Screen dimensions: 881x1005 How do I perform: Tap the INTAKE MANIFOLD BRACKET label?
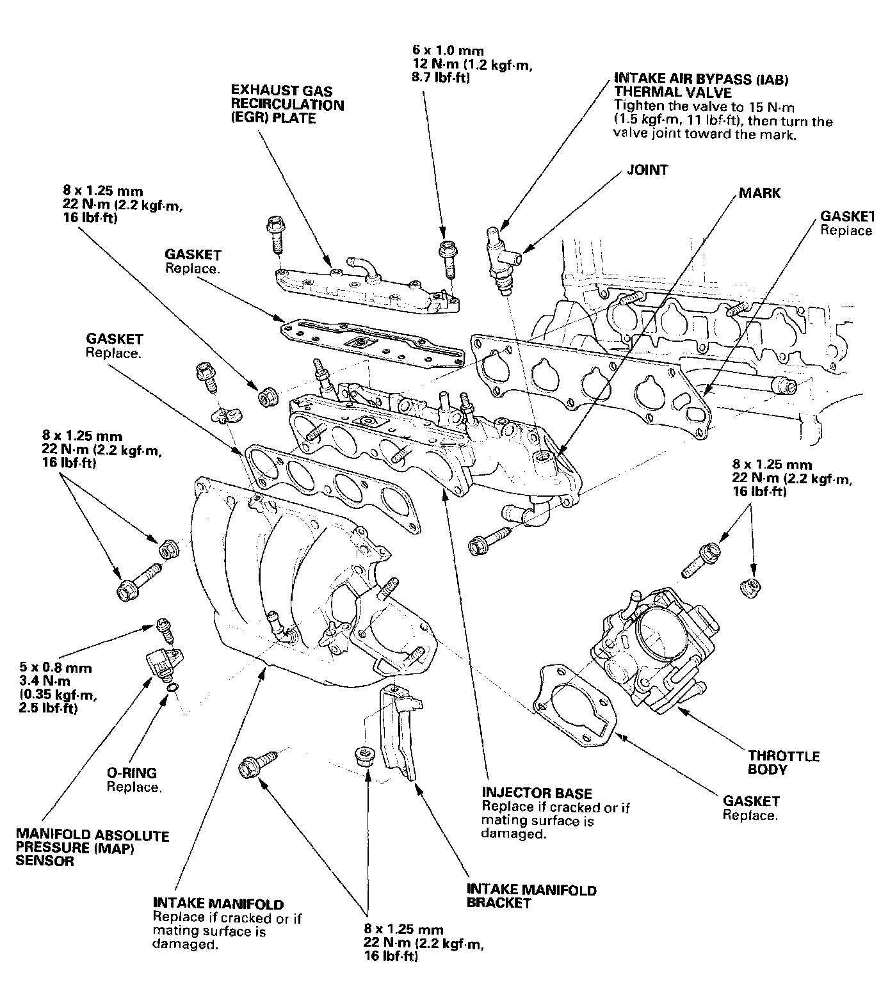tap(531, 896)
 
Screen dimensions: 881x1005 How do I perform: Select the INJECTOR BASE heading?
tap(537, 794)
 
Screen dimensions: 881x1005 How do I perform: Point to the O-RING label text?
tap(131, 773)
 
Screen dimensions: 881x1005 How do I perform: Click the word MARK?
tap(760, 193)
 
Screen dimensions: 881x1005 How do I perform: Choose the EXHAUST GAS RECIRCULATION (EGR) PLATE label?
tap(287, 105)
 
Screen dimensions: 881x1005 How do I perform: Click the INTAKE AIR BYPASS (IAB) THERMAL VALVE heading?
tap(701, 86)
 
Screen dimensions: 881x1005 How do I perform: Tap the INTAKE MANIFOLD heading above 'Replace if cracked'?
tap(218, 904)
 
